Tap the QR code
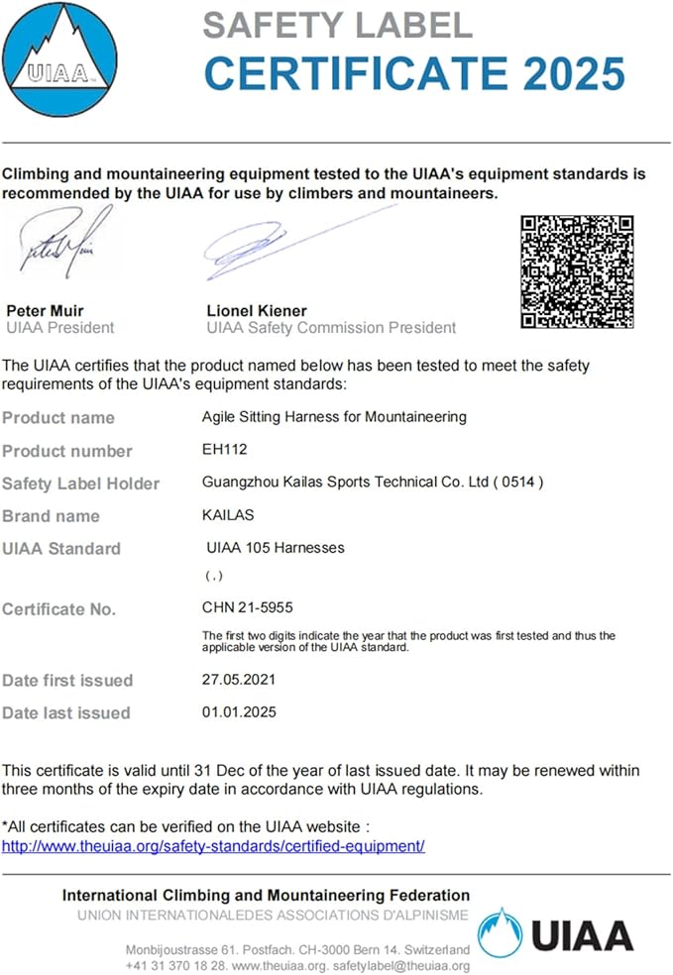pyautogui.click(x=577, y=271)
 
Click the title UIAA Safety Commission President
pyautogui.click(x=331, y=327)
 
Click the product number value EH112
pyautogui.click(x=223, y=450)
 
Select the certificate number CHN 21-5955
pyautogui.click(x=247, y=607)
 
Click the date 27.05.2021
pyautogui.click(x=239, y=680)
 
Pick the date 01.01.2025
pyautogui.click(x=239, y=711)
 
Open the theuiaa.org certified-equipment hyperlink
pyautogui.click(x=213, y=846)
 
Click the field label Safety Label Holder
pyautogui.click(x=80, y=484)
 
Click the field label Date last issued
pyautogui.click(x=66, y=712)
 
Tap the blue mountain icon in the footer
pyautogui.click(x=500, y=933)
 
